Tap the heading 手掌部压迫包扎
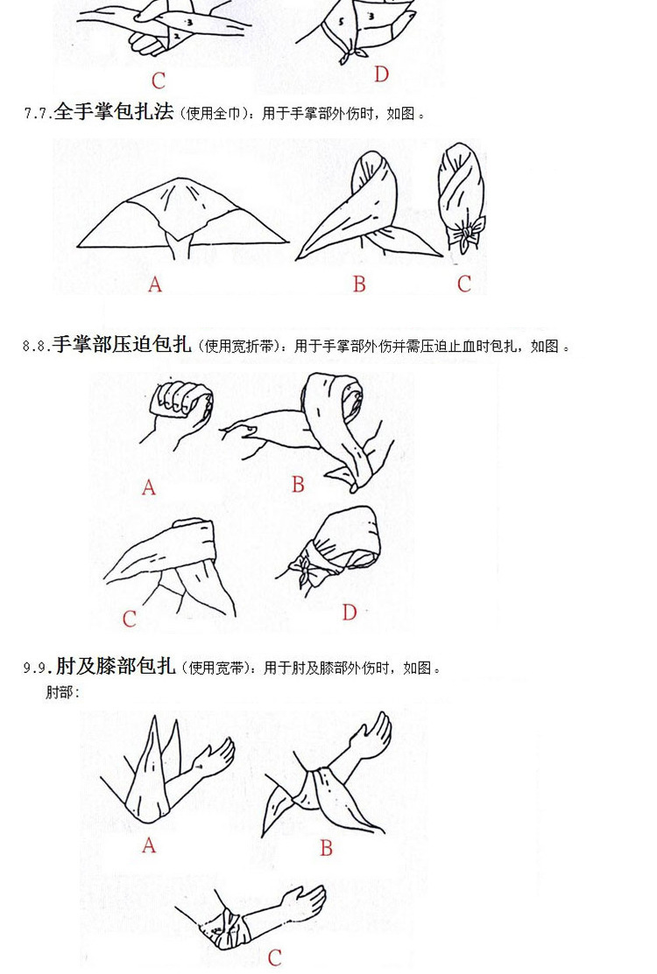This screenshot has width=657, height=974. tap(121, 345)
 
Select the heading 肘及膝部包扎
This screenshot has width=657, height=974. tap(117, 667)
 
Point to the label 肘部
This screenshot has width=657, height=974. tap(62, 693)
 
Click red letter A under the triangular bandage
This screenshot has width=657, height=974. tap(155, 284)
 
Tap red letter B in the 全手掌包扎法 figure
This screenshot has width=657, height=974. tap(359, 284)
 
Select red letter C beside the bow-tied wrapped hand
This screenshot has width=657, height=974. tap(464, 284)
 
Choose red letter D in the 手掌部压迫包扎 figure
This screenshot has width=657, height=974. tap(350, 613)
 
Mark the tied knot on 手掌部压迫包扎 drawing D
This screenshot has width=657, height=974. tap(308, 570)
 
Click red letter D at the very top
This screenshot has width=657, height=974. tap(381, 75)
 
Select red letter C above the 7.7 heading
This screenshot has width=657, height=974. tap(158, 81)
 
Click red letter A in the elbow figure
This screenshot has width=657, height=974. tap(149, 845)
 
